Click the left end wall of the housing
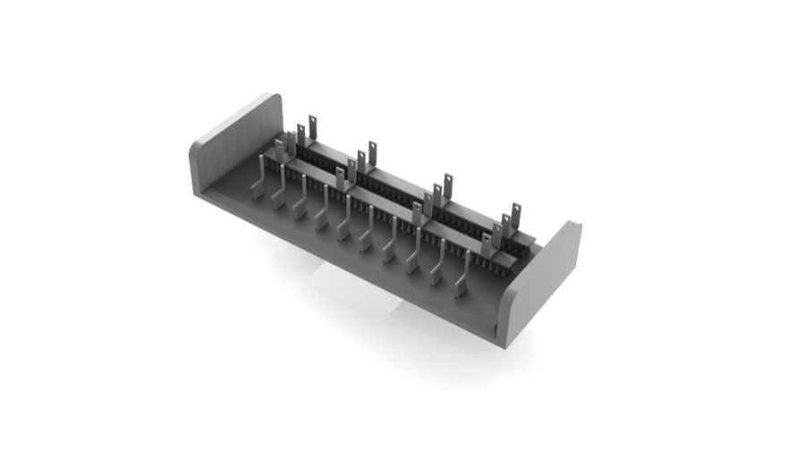click(x=234, y=143)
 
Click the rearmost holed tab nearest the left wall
click(x=313, y=126)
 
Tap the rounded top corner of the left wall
click(x=274, y=97)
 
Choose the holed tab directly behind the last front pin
click(x=486, y=244)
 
